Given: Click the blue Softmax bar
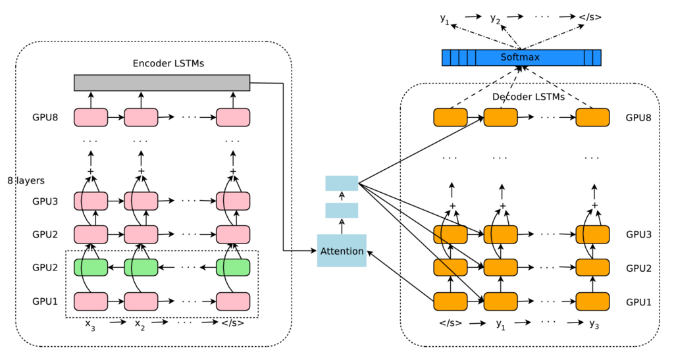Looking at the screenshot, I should click(520, 58).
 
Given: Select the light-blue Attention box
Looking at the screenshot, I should click(342, 251).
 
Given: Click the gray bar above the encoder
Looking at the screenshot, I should click(162, 82).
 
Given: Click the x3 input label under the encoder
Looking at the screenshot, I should click(91, 324).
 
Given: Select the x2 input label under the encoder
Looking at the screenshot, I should click(140, 324).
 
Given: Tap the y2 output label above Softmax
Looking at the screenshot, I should click(496, 18).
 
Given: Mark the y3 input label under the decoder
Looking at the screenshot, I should click(594, 324).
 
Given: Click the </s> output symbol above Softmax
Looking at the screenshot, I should click(590, 18).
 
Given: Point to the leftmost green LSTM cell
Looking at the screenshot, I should click(91, 267).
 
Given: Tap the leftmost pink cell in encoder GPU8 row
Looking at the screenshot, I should click(91, 118).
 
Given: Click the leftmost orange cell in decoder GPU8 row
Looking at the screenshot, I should click(450, 118).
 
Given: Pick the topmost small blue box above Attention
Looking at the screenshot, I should click(342, 183).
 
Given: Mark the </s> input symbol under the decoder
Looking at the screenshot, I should click(450, 324).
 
